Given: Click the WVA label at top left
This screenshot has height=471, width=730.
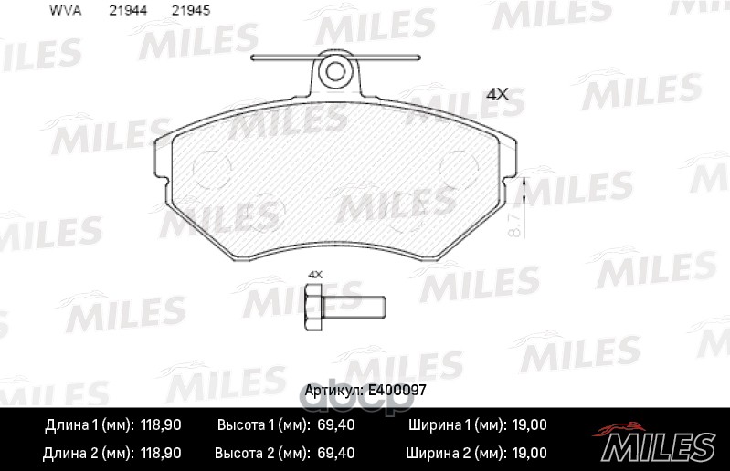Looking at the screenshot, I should [x=61, y=13].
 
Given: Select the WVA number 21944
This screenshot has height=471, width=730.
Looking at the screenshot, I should [x=128, y=13].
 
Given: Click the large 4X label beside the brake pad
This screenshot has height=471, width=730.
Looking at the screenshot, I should [x=497, y=94].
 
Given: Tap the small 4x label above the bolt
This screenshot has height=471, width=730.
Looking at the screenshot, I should [x=316, y=274].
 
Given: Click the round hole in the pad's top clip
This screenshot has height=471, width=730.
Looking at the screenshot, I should [x=335, y=71].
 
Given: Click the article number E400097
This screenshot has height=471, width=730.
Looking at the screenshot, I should [x=400, y=389].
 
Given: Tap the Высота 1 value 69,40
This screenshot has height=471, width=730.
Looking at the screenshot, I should [x=336, y=425].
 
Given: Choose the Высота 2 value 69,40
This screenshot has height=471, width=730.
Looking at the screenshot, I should [x=336, y=453].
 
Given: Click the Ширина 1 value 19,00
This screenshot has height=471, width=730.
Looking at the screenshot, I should [x=529, y=425].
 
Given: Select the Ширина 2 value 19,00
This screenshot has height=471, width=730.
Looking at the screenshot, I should [x=529, y=453].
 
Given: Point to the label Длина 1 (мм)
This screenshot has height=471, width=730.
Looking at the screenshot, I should [x=89, y=425].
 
